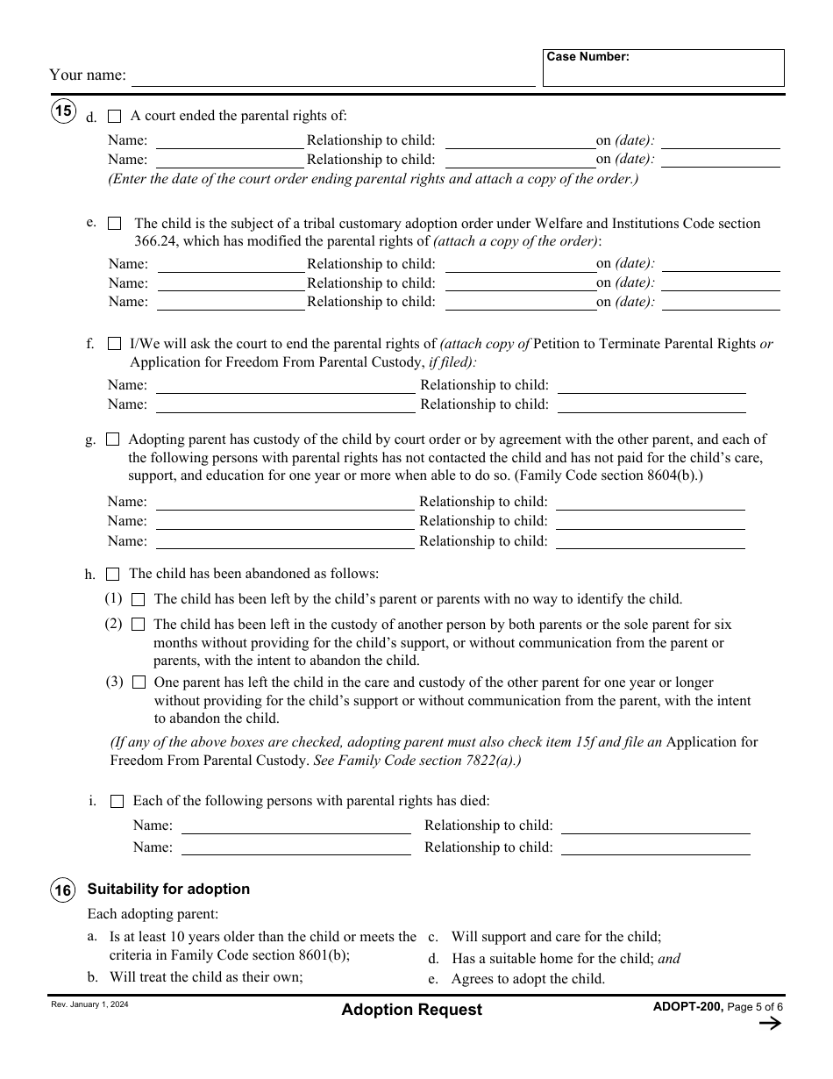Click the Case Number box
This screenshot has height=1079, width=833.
[x=663, y=68]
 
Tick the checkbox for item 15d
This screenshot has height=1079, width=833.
[x=114, y=116]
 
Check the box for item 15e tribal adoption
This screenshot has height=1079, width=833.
[x=114, y=224]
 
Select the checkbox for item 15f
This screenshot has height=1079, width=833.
[x=114, y=344]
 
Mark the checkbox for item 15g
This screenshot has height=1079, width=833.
[x=113, y=439]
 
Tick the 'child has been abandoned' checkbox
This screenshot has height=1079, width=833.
[x=113, y=575]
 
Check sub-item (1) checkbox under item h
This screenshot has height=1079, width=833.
[x=138, y=600]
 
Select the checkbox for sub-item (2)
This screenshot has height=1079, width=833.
[x=138, y=625]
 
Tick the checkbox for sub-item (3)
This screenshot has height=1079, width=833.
[x=138, y=682]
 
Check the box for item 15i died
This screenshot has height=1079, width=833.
[x=117, y=802]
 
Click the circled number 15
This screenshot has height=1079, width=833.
[x=63, y=111]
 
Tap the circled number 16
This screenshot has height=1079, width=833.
[x=63, y=890]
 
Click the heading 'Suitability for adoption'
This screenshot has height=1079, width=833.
[x=168, y=889]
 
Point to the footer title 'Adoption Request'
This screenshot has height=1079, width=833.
[x=411, y=1010]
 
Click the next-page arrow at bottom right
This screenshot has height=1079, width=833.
[x=769, y=1024]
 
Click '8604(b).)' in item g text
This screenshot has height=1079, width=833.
[x=675, y=475]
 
